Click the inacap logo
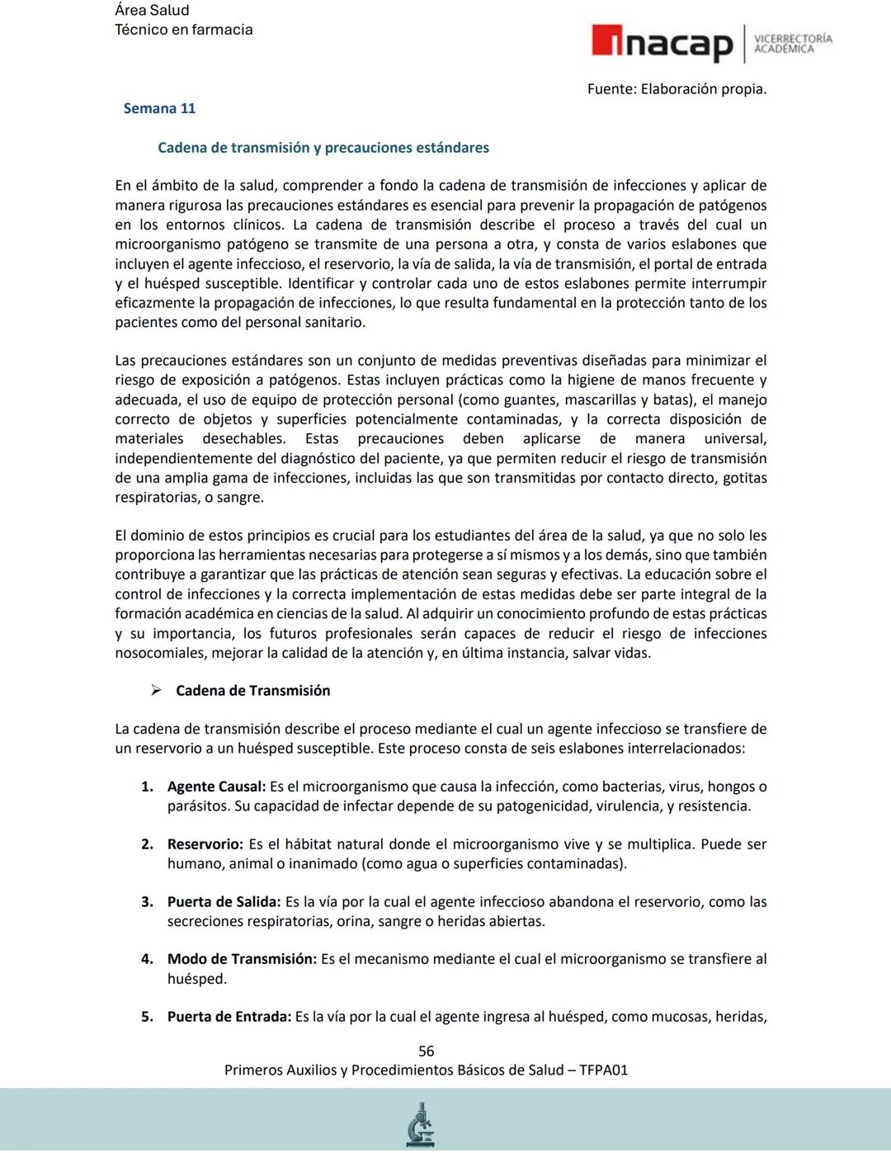662,44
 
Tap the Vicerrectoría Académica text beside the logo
793,44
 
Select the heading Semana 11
159,108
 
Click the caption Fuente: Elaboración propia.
676,88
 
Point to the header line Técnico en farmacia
183,30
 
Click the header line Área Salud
152,10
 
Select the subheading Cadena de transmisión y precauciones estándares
323,148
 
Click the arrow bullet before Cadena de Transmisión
155,691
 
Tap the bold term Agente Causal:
216,787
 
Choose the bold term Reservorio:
205,844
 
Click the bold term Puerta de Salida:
224,902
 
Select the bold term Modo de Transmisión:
242,959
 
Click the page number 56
427,1051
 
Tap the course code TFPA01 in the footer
603,1070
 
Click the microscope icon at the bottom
420,1124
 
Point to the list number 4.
147,959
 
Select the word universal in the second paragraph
734,439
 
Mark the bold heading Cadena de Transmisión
252,691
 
